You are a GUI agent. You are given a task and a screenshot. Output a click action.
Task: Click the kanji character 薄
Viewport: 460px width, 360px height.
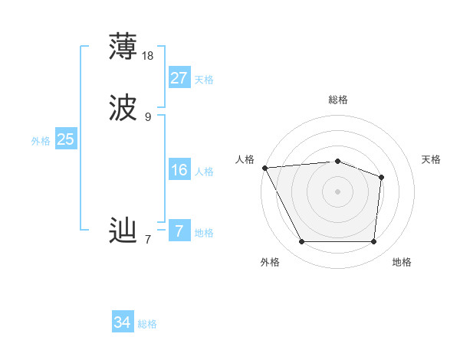point(123,46)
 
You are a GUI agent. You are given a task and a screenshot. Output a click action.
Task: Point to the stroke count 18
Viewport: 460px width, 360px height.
point(148,56)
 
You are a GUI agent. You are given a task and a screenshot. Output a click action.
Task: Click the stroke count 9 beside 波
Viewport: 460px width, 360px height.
point(148,117)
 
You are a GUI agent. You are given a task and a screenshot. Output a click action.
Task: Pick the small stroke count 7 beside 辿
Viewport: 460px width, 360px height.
point(148,240)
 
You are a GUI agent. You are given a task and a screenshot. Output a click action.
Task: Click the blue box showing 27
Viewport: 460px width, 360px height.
point(179,78)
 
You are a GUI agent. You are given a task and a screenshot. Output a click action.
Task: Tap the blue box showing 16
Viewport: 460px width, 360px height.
point(179,170)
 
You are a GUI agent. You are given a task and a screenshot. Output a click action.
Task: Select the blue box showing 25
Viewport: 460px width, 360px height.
point(65,139)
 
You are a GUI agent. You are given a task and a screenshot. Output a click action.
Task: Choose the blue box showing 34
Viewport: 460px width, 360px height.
point(123,322)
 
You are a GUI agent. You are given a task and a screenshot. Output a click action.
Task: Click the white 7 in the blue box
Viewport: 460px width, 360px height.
point(179,231)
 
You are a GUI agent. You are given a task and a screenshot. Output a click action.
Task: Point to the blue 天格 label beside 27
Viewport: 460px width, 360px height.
point(204,80)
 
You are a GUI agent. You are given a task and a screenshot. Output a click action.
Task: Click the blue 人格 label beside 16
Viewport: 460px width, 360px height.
point(204,172)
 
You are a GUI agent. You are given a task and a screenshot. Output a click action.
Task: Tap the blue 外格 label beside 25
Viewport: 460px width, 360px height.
point(41,141)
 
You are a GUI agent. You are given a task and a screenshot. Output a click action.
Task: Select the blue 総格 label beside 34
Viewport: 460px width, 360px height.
point(147,324)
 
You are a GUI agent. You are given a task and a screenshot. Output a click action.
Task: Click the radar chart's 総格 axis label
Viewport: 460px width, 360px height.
point(337,100)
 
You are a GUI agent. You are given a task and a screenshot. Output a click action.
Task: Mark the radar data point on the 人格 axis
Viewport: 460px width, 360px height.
point(264,167)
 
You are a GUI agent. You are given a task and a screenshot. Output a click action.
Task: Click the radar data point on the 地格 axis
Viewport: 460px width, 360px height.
point(373,242)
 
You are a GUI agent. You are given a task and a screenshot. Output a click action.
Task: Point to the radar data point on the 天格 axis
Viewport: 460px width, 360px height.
point(381,177)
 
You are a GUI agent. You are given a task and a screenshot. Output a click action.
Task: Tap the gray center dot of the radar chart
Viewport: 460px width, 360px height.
point(337,191)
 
